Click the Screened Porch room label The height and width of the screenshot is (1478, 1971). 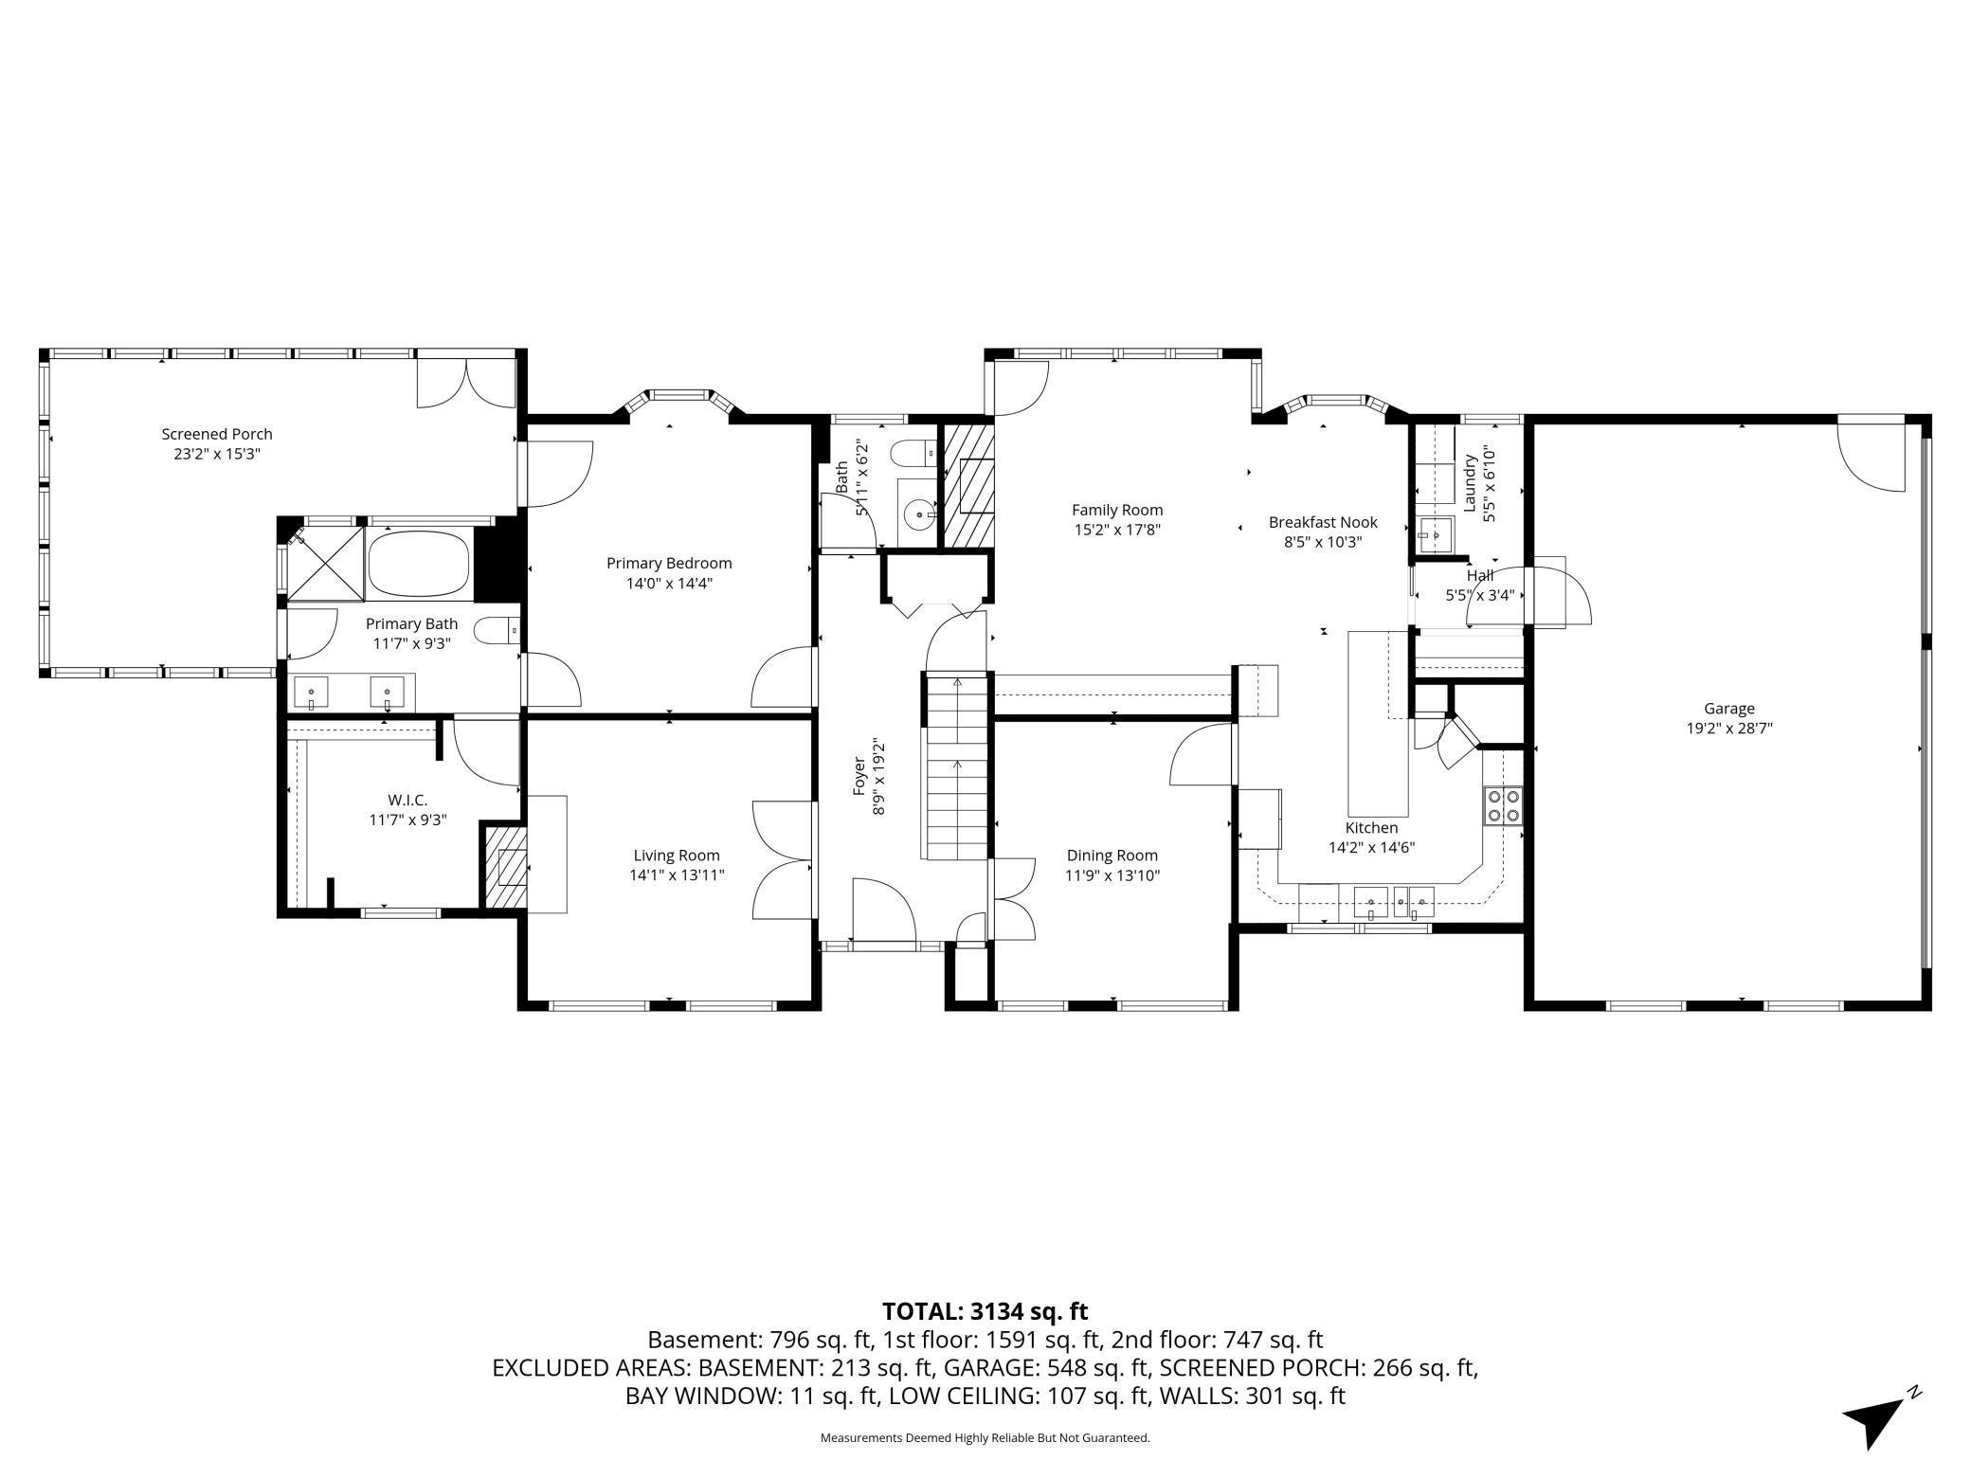217,434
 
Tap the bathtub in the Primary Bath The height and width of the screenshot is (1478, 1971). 418,564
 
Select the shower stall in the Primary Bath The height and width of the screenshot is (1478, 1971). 325,564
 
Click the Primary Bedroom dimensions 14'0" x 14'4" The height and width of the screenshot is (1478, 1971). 669,584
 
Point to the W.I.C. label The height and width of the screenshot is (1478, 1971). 407,800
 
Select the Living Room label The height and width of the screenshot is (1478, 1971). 677,856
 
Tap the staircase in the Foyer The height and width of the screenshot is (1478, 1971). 956,766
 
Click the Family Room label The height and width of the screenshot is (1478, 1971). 1117,510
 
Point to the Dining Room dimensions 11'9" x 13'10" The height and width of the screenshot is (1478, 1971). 1112,876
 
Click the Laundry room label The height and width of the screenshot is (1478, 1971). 1470,483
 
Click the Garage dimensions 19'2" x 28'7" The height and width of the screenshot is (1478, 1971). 1729,729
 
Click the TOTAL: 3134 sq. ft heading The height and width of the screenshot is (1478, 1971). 985,1311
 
